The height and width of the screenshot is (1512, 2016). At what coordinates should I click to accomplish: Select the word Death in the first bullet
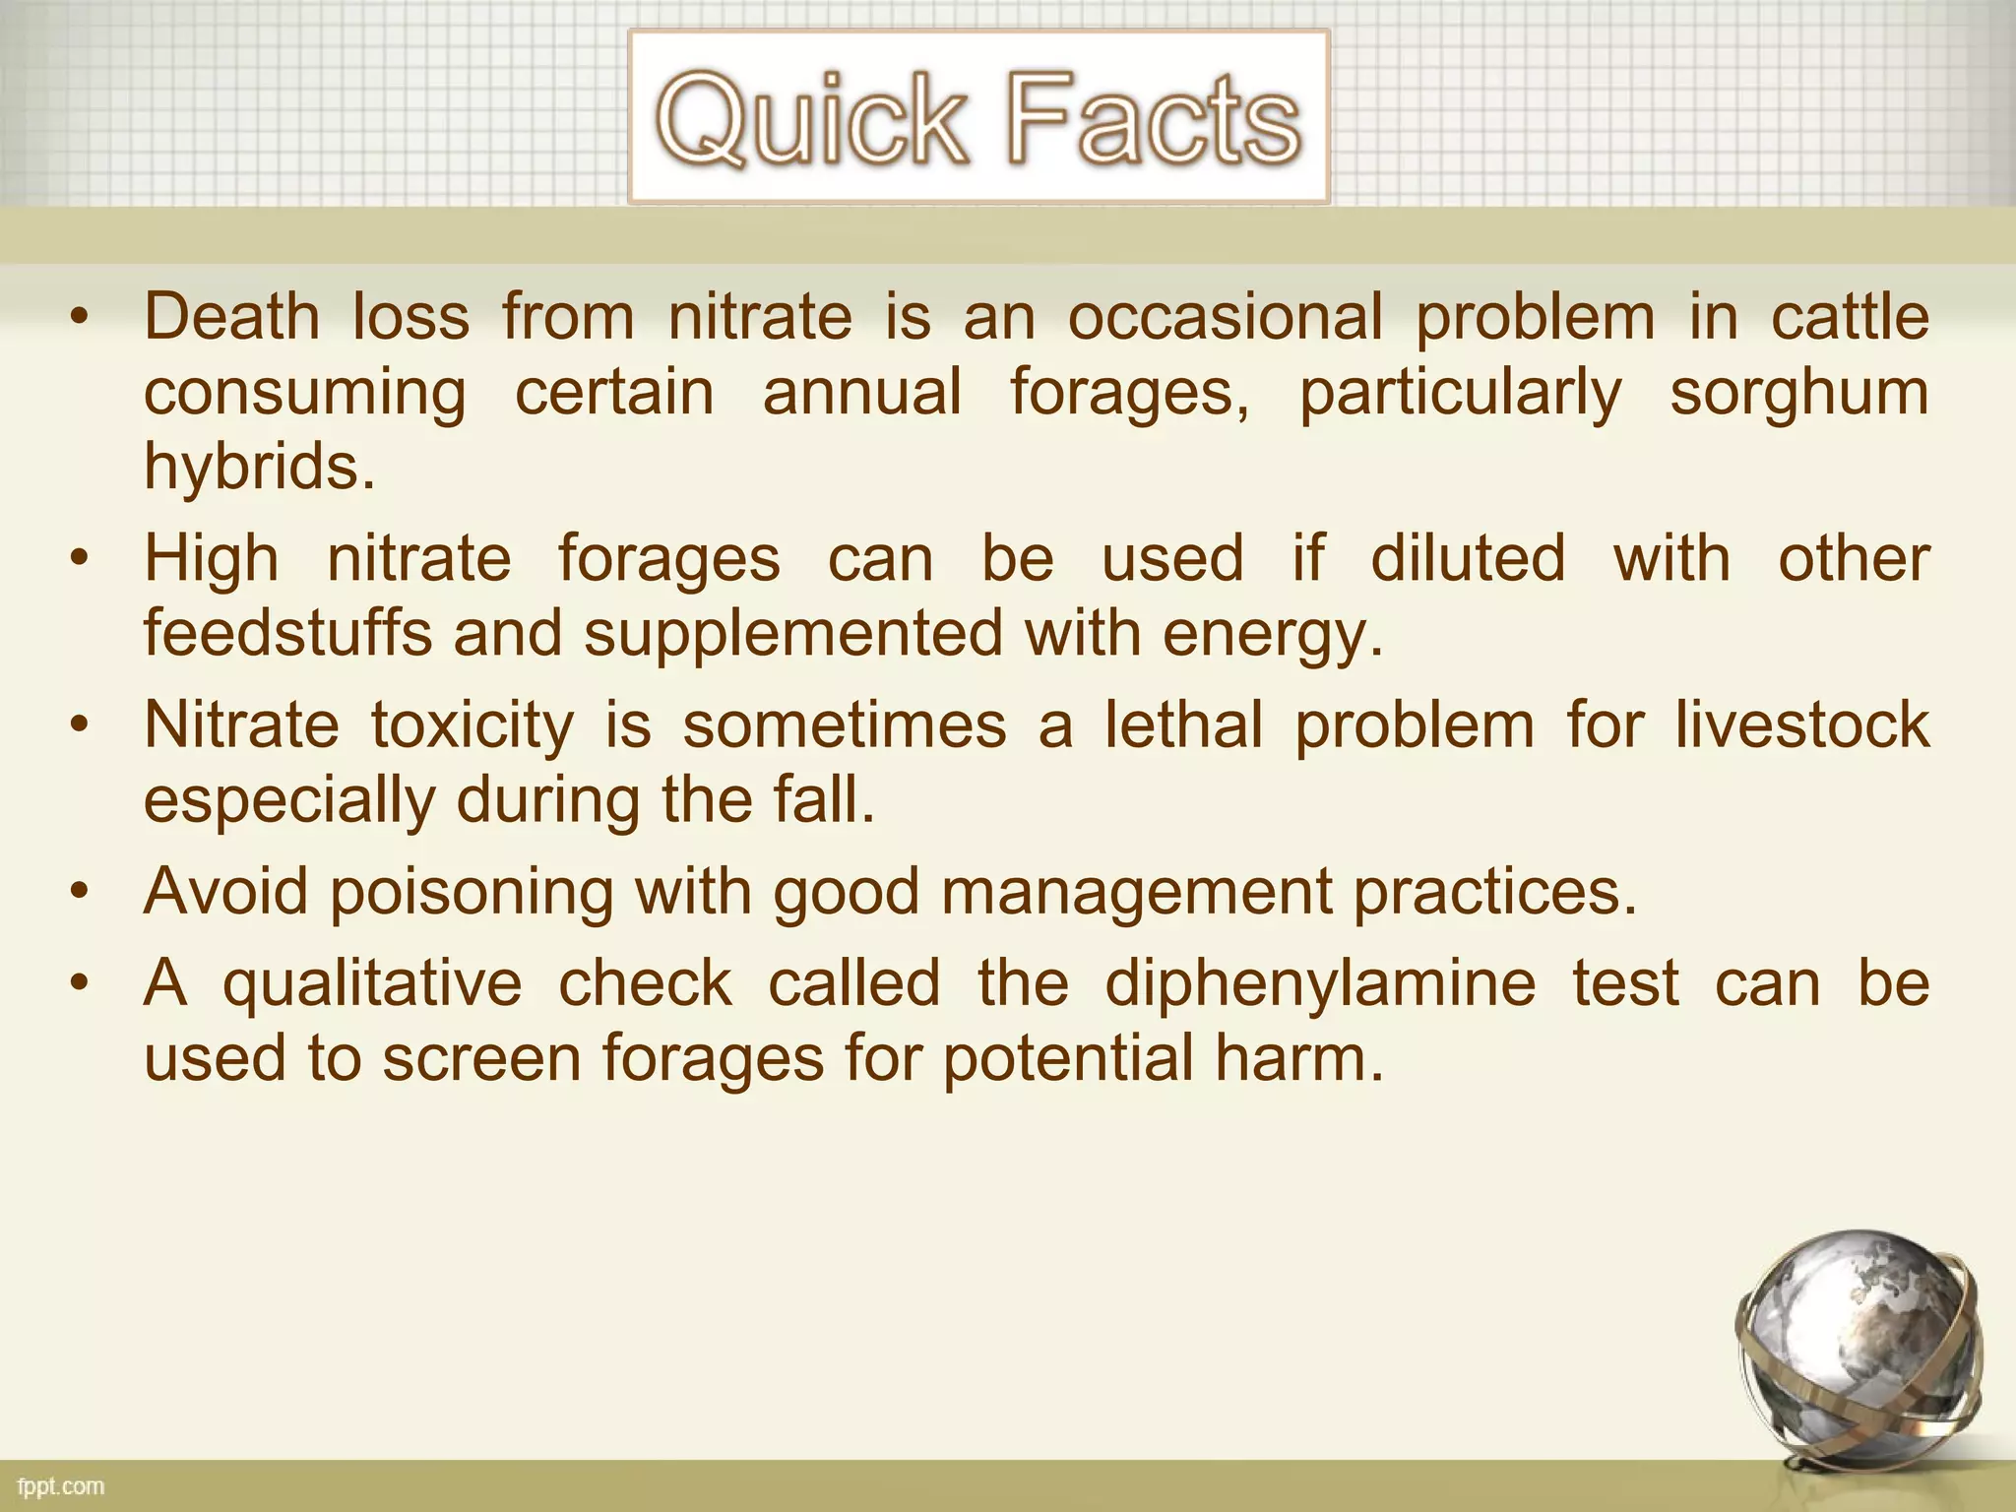[232, 317]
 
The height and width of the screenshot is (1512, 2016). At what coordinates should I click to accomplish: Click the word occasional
[1226, 317]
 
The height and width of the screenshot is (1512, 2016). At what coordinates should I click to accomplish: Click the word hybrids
[260, 467]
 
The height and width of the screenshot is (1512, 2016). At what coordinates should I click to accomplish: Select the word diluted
[1468, 558]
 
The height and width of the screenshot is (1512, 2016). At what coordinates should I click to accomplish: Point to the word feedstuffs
[287, 632]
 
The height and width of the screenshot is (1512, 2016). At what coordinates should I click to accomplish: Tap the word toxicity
[472, 725]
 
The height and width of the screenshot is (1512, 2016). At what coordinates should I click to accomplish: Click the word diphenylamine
[1320, 984]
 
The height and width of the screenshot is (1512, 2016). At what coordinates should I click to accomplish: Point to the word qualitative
[372, 984]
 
